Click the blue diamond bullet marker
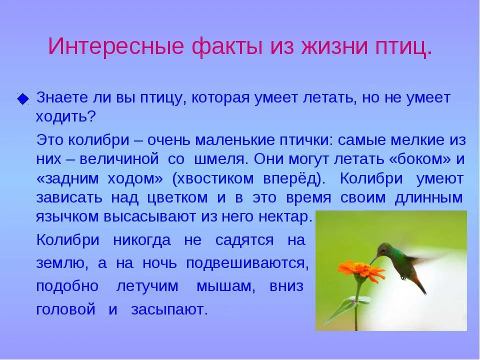click(23, 99)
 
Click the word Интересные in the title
click(115, 46)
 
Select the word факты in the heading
click(227, 46)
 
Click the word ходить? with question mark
click(66, 116)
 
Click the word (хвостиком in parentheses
click(213, 178)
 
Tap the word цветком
click(177, 197)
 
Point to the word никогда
click(141, 240)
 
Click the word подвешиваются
click(247, 263)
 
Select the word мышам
click(225, 286)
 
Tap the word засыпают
click(169, 310)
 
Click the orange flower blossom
click(361, 270)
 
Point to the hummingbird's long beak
click(374, 260)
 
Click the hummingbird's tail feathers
click(419, 284)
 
